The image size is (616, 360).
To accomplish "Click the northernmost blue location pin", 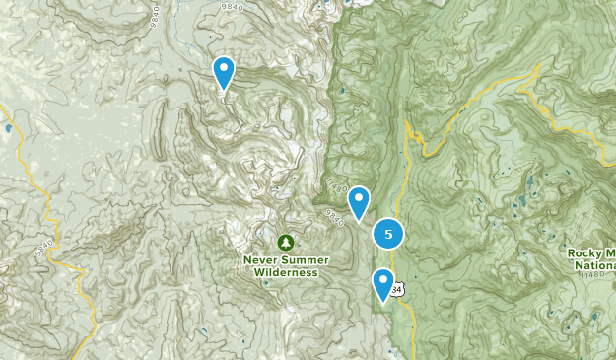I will pos(225,71).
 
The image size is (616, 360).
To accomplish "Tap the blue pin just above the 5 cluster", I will pos(359,201).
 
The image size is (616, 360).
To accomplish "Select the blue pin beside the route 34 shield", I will pos(383,283).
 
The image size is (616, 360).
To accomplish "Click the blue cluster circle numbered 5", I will pos(388,235).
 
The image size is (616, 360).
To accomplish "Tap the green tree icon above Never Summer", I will pos(285,242).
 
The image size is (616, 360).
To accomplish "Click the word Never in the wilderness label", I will pos(261,260).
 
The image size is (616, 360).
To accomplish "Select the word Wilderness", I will pos(285,272).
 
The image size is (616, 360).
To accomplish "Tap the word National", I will pos(597,264).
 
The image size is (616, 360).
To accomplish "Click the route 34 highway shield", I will pos(397,289).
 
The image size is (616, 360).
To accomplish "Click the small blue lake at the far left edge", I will pos(9,128).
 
